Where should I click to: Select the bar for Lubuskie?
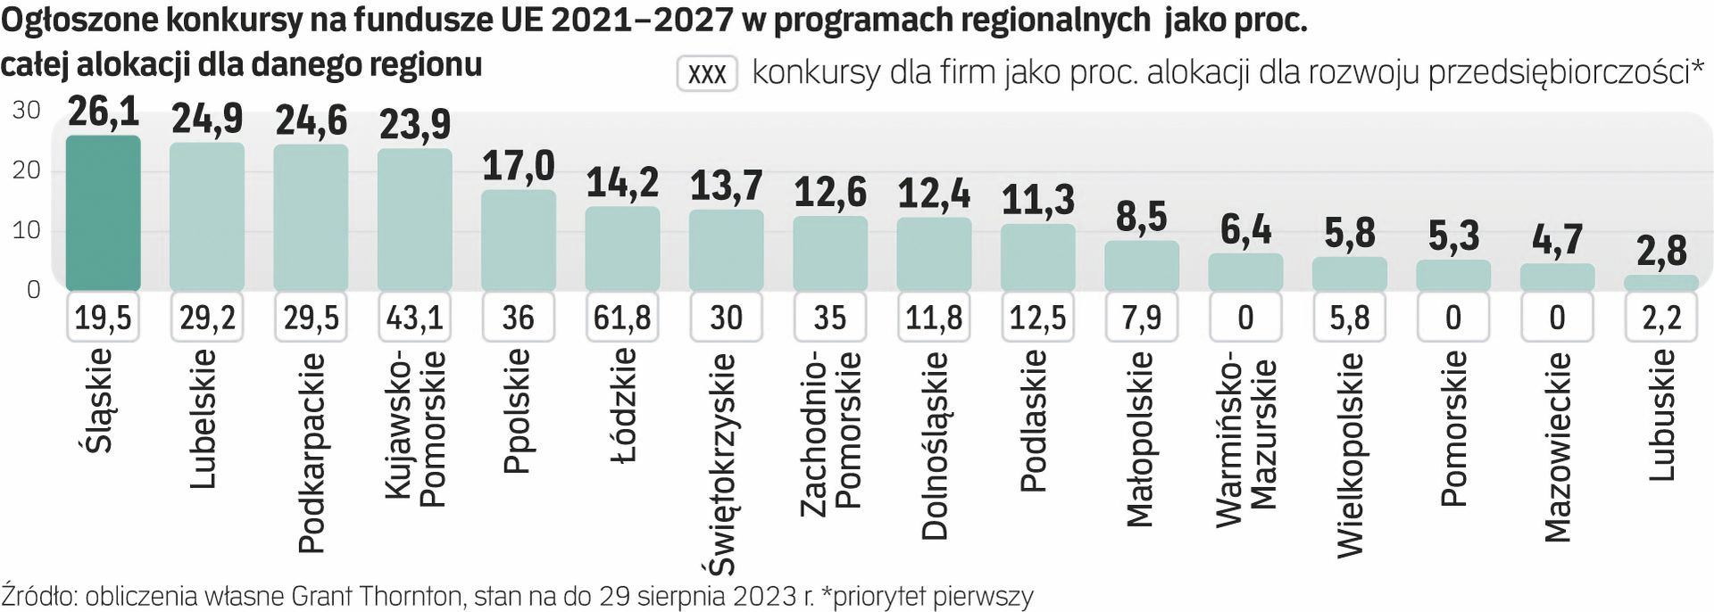1660,283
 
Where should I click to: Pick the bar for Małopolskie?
1141,265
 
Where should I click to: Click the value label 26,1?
104,112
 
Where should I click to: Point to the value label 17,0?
519,166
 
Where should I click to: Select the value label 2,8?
1661,252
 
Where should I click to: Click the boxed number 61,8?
622,318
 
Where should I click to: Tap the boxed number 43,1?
415,318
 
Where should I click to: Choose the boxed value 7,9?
1141,318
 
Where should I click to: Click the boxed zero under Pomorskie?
1452,318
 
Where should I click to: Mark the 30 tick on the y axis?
27,111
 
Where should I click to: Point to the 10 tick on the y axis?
27,230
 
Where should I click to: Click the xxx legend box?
707,73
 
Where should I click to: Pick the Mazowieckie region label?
1557,446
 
